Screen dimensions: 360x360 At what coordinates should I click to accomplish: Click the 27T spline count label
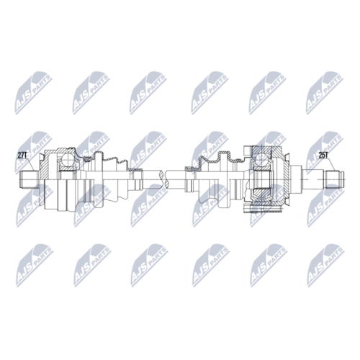(x=22, y=156)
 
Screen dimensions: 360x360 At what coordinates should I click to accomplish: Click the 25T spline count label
(x=323, y=156)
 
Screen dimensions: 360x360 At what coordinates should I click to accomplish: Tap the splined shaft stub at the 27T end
(x=29, y=179)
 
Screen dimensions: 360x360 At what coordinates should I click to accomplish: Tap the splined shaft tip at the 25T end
(x=334, y=179)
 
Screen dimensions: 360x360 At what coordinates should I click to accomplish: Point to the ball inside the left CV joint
(x=68, y=160)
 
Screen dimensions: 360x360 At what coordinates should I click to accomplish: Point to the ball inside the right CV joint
(x=262, y=160)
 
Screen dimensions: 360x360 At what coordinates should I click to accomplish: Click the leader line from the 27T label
(x=30, y=164)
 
